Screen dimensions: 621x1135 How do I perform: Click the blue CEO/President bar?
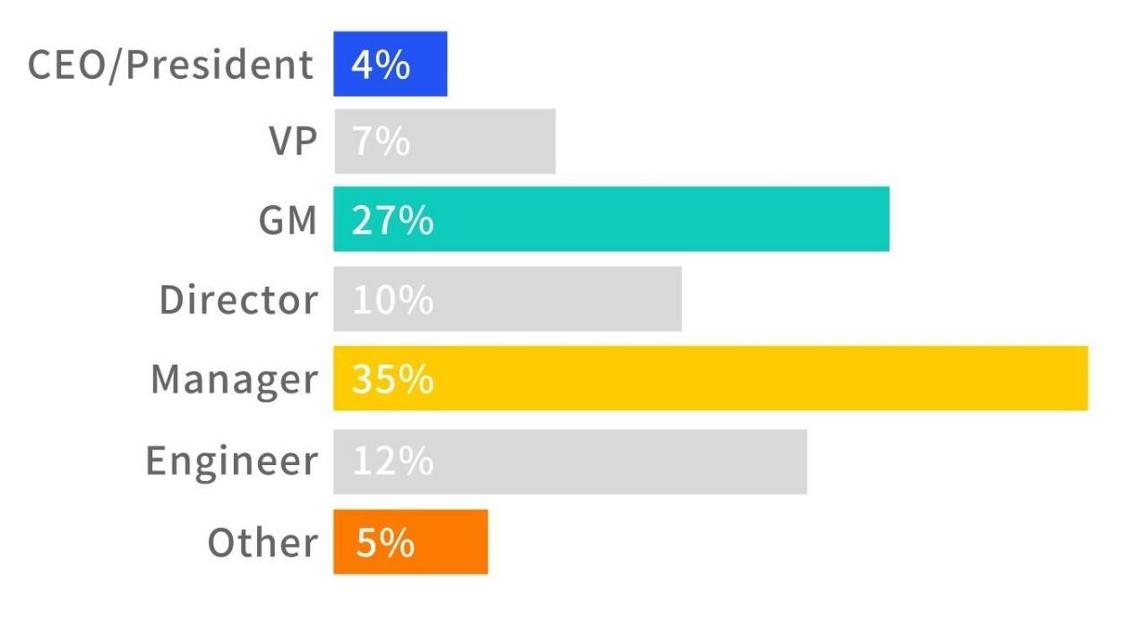pos(390,64)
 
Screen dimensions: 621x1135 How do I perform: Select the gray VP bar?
pos(444,142)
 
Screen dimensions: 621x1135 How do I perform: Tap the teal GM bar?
pos(611,220)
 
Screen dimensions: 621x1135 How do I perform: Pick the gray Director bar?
pos(507,298)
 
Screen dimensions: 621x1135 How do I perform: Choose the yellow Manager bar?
pos(710,378)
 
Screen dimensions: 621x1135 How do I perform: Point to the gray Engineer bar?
pos(570,461)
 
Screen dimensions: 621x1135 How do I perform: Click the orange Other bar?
pos(410,541)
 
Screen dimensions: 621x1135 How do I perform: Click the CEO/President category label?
pos(171,65)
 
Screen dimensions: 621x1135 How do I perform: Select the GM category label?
pos(287,220)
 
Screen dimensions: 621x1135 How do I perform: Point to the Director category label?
pos(238,299)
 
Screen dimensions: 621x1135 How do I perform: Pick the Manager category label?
pos(234,380)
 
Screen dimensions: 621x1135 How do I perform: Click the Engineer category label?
pos(232,461)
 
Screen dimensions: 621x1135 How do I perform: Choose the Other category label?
pos(262,542)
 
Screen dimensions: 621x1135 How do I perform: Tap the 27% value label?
pos(392,220)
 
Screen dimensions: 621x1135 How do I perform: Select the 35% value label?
pos(392,380)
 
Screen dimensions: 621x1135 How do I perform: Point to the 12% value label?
pos(392,461)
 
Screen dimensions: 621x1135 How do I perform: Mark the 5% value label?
pos(385,542)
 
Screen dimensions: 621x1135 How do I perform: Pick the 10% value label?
pos(392,300)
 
